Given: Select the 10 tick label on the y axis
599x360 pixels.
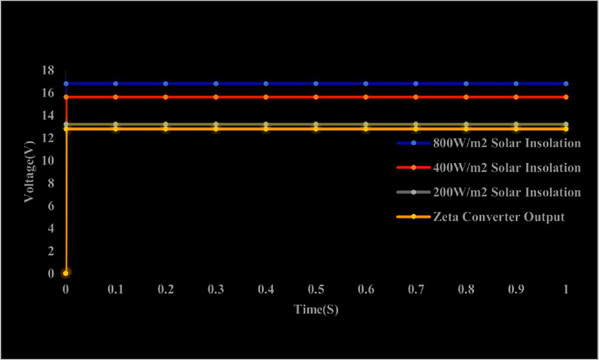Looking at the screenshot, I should [46, 161].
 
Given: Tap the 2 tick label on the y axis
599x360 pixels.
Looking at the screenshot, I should [49, 251].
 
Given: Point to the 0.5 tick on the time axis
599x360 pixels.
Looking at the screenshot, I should [316, 290].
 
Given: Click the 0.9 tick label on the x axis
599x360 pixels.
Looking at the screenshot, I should [516, 290].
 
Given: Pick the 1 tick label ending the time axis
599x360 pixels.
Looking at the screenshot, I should [566, 290].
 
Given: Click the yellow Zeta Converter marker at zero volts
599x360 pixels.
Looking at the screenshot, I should [65, 273].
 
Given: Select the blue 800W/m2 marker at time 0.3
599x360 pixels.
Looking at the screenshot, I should [216, 84].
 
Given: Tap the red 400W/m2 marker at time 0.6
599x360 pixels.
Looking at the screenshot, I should [366, 97].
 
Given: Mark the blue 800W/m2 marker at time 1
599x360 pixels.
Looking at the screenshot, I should [566, 84].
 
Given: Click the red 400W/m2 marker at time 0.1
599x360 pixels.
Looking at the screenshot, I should [116, 97].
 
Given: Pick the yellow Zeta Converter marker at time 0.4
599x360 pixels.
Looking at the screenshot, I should [266, 129].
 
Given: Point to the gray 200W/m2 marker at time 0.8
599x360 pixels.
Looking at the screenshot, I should [466, 124].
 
